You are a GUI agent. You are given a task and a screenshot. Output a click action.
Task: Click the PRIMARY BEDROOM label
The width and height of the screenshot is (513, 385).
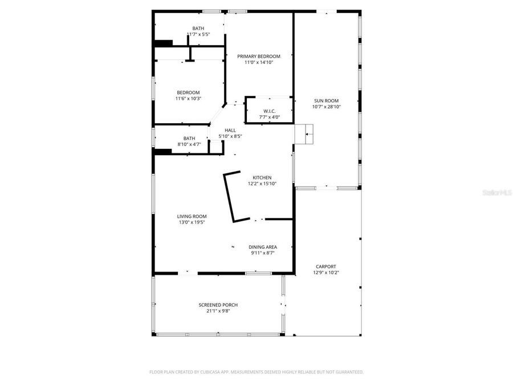point(259,56)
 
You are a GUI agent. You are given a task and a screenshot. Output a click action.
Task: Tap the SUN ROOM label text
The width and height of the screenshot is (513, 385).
point(326,100)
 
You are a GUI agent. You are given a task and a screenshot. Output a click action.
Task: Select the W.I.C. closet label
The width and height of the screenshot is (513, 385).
point(270,111)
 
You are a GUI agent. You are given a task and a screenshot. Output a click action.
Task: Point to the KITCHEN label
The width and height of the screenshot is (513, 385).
point(262,177)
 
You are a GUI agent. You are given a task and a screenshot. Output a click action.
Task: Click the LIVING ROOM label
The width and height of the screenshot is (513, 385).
point(192,216)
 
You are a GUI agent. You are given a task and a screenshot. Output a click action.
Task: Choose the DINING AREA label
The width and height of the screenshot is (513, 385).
point(263,247)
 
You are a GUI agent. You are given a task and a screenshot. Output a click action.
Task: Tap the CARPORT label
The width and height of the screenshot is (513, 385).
point(326,266)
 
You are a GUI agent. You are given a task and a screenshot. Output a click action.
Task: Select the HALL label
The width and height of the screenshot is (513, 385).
point(230,130)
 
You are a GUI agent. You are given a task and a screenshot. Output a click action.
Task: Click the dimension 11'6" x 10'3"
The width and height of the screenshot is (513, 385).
point(188,99)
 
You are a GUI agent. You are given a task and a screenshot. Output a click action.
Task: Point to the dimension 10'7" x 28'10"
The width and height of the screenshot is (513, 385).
point(326,107)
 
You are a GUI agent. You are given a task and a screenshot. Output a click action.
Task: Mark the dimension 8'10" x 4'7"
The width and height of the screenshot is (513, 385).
point(189,144)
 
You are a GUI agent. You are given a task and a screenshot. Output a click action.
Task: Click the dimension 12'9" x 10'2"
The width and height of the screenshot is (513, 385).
point(326,273)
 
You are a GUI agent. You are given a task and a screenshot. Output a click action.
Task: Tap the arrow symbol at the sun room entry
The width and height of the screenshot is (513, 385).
point(308,135)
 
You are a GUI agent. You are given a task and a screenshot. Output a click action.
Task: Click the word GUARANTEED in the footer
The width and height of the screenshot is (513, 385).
point(347,372)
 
